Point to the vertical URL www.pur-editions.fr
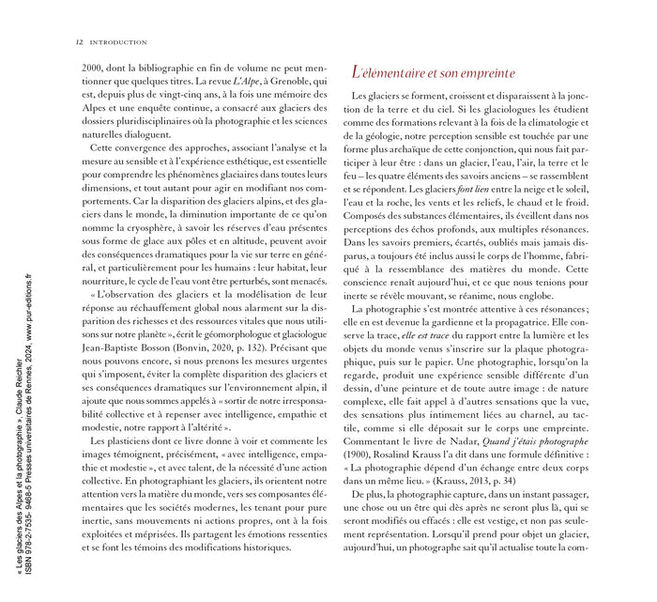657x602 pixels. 29,319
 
